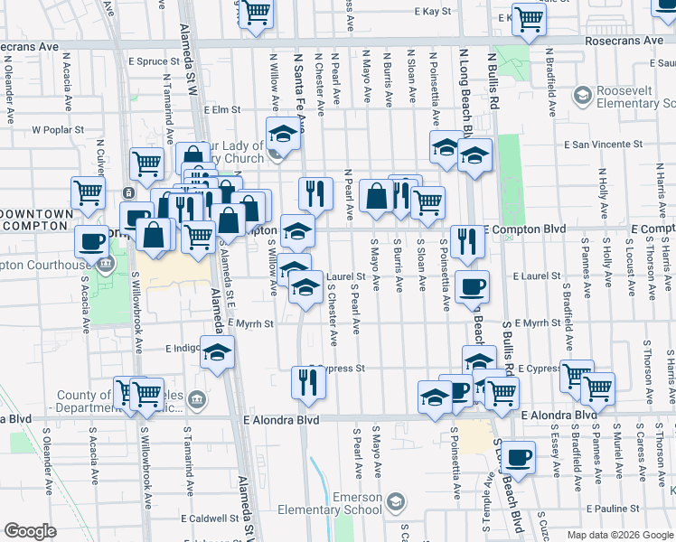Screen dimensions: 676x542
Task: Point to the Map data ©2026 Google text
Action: click(x=619, y=535)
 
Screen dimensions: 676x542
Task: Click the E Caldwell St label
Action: click(x=209, y=519)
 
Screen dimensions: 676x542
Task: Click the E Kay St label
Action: click(x=433, y=12)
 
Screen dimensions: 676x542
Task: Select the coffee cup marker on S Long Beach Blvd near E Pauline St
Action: click(x=519, y=457)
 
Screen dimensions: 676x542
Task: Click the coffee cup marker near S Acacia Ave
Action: click(x=90, y=240)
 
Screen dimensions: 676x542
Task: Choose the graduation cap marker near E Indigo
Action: click(x=216, y=351)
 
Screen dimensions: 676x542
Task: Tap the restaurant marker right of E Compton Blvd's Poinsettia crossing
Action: click(x=467, y=240)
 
